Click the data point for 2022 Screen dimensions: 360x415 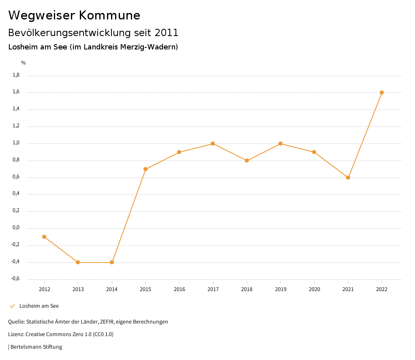(x=382, y=92)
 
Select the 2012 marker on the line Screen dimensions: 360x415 (x=44, y=237)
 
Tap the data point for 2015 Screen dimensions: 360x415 (x=145, y=169)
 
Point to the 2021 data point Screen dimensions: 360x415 (x=348, y=178)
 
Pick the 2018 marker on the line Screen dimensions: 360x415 (x=246, y=161)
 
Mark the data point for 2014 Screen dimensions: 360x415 (x=112, y=262)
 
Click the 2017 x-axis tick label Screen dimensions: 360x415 (x=213, y=289)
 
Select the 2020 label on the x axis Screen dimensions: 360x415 (x=314, y=289)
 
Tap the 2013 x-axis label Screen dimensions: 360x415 (x=78, y=289)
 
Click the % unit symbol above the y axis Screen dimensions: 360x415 (x=24, y=63)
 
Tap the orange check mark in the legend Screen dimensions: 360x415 (x=12, y=306)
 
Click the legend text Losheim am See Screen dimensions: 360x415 (x=39, y=306)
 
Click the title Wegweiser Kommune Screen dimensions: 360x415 (x=74, y=15)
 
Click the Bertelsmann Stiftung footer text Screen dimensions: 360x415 (x=36, y=347)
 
